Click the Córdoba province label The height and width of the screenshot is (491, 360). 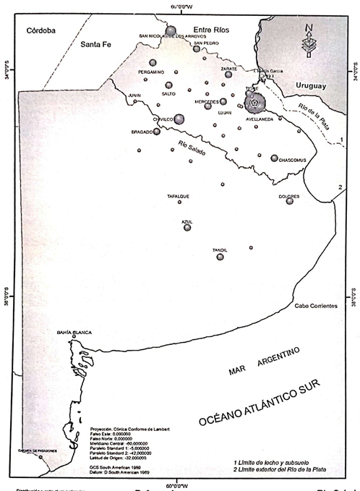tap(41, 30)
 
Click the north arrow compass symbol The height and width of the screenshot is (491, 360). tap(309, 40)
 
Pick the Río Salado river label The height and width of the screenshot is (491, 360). tap(192, 150)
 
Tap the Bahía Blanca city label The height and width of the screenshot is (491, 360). tap(74, 332)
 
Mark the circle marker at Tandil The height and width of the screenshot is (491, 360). tap(220, 257)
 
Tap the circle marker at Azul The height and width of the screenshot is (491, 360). tap(187, 227)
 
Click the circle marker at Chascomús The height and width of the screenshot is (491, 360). tap(274, 158)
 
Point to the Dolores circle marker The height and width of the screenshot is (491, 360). tap(290, 201)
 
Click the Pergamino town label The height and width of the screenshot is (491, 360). tap(152, 72)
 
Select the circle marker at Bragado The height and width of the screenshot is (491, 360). tap(156, 132)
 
